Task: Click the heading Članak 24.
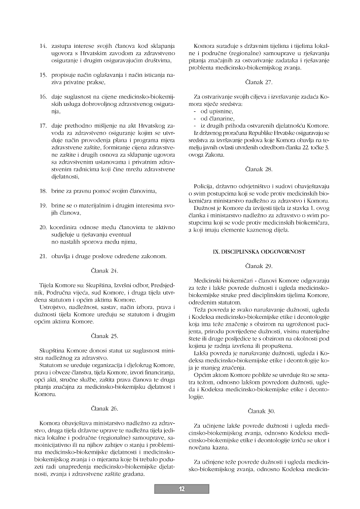[x=105, y=271]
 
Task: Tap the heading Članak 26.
[x=105, y=408]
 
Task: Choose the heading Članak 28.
[x=258, y=169]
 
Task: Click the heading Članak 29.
[x=258, y=266]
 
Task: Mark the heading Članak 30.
[x=258, y=410]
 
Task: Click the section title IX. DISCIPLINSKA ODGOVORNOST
[x=258, y=251]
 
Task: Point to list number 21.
[x=43, y=256]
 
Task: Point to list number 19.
[x=43, y=204]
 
